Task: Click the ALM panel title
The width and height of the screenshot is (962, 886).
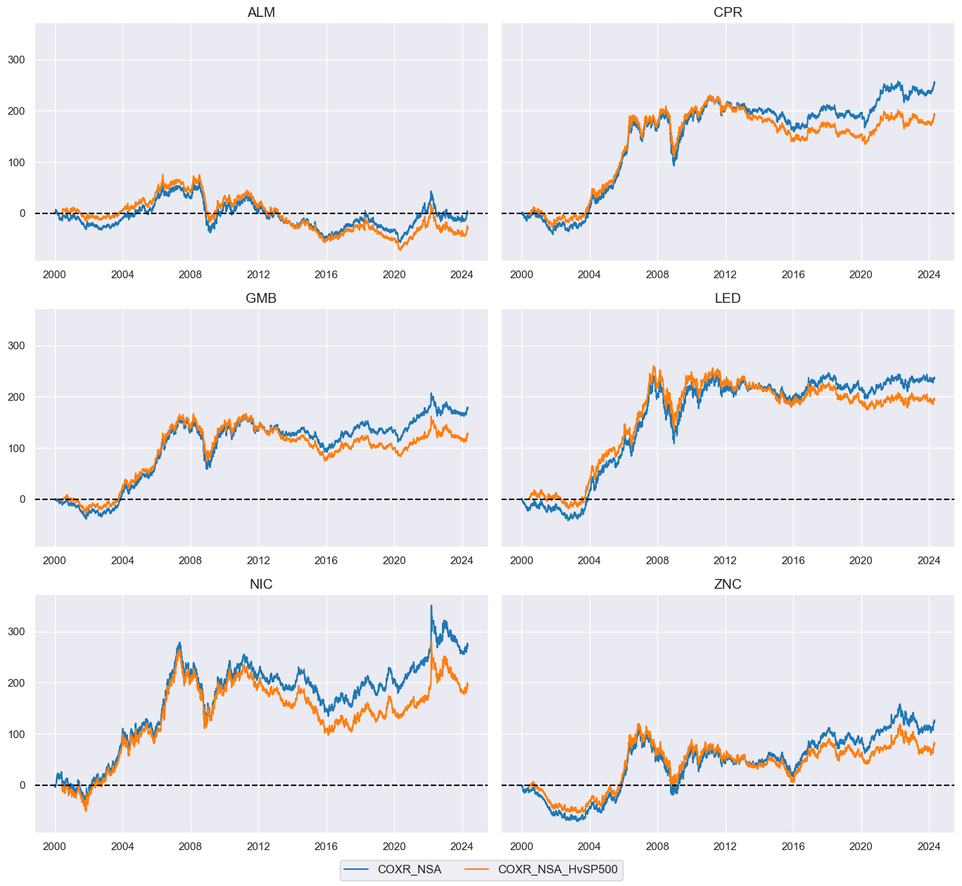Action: (261, 13)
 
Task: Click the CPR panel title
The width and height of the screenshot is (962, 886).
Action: (728, 13)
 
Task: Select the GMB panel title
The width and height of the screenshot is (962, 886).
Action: (261, 299)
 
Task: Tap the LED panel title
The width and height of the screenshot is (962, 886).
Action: (728, 299)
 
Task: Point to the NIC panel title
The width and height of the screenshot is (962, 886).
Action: (261, 585)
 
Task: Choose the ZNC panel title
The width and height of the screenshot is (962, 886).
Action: (728, 585)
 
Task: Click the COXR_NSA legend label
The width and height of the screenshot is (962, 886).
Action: (409, 869)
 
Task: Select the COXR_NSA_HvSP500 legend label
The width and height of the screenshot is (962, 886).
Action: (557, 869)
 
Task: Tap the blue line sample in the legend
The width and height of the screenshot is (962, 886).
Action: (357, 869)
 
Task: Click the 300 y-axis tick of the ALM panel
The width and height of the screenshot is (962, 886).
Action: (16, 60)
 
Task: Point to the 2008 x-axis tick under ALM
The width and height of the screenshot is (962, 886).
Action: (190, 275)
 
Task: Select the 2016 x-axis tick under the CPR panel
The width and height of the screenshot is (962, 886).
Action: (793, 275)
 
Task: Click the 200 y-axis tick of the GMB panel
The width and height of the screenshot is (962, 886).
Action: (16, 397)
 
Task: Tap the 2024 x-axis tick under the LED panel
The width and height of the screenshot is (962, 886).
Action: (928, 561)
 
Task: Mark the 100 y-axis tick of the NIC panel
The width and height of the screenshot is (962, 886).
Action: (16, 735)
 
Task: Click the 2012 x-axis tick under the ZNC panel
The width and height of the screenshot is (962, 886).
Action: (725, 847)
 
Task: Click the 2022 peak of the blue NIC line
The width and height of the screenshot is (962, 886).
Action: (431, 606)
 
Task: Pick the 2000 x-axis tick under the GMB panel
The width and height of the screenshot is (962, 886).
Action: (55, 561)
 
